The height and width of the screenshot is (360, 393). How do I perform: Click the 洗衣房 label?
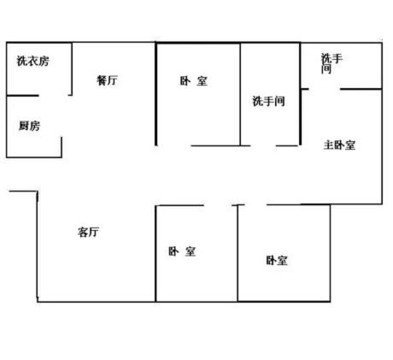pyautogui.click(x=33, y=61)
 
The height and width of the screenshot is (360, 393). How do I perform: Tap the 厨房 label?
pyautogui.click(x=30, y=126)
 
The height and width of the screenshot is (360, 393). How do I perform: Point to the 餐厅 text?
pyautogui.click(x=107, y=80)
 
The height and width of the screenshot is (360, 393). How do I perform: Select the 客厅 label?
pyautogui.click(x=88, y=232)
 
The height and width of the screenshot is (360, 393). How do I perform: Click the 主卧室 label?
pyautogui.click(x=339, y=145)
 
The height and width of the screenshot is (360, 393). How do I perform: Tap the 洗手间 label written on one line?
pyautogui.click(x=268, y=101)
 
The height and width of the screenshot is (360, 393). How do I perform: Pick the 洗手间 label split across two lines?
pyautogui.click(x=331, y=63)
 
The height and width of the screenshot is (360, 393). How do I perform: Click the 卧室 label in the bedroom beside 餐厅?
pyautogui.click(x=194, y=81)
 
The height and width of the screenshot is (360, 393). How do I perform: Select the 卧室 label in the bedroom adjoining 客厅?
pyautogui.click(x=182, y=251)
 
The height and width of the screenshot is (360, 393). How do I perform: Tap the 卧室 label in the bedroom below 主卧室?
pyautogui.click(x=277, y=261)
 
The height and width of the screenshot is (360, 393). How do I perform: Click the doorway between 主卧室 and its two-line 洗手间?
pyautogui.click(x=325, y=89)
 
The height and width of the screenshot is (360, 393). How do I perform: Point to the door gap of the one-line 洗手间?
pyautogui.click(x=263, y=145)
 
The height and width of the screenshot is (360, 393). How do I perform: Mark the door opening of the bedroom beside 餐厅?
pyautogui.click(x=174, y=145)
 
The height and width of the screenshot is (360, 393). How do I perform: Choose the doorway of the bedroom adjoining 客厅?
pyautogui.click(x=218, y=205)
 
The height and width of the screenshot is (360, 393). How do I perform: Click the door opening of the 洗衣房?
pyautogui.click(x=54, y=95)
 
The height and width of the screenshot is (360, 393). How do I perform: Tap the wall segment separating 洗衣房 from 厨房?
pyautogui.click(x=22, y=95)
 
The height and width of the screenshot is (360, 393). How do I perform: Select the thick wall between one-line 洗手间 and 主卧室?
pyautogui.click(x=300, y=94)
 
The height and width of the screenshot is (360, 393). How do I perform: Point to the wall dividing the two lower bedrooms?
pyautogui.click(x=238, y=253)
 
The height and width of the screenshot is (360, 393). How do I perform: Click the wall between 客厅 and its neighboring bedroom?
pyautogui.click(x=155, y=253)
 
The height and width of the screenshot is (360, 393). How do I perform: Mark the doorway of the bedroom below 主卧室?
pyautogui.click(x=255, y=204)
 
